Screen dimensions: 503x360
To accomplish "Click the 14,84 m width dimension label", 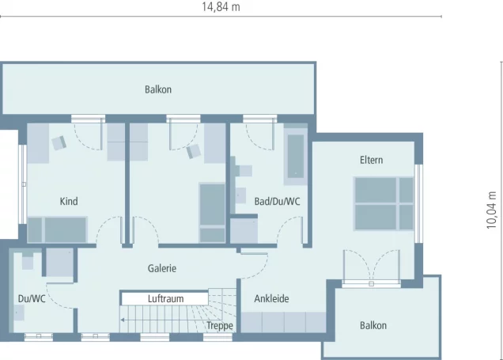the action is click(x=221, y=7).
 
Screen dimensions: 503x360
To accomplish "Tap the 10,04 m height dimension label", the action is click(x=491, y=210).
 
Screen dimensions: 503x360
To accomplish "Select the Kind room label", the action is click(x=69, y=201).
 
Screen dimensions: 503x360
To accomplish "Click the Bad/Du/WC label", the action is click(x=277, y=201).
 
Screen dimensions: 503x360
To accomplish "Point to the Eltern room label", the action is click(x=371, y=160).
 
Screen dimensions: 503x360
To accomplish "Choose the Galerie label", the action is click(x=161, y=268).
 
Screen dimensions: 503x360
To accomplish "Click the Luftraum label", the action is click(x=165, y=299).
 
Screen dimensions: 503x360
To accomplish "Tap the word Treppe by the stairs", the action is click(x=220, y=326).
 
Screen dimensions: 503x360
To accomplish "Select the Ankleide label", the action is click(x=271, y=299).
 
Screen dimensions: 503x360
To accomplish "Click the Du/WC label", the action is click(x=32, y=299).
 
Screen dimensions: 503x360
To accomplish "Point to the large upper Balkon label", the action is click(x=158, y=89).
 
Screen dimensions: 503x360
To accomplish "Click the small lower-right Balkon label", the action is click(x=373, y=325).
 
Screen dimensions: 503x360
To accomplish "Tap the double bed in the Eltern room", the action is click(x=384, y=203).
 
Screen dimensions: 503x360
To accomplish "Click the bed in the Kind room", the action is click(x=58, y=229).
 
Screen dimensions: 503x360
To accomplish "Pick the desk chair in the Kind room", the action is click(x=59, y=142).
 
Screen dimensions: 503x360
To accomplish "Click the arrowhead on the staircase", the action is click(x=123, y=320).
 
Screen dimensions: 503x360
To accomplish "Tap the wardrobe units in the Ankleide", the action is click(x=283, y=322).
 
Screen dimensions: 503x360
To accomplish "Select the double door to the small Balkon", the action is click(x=371, y=267).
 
